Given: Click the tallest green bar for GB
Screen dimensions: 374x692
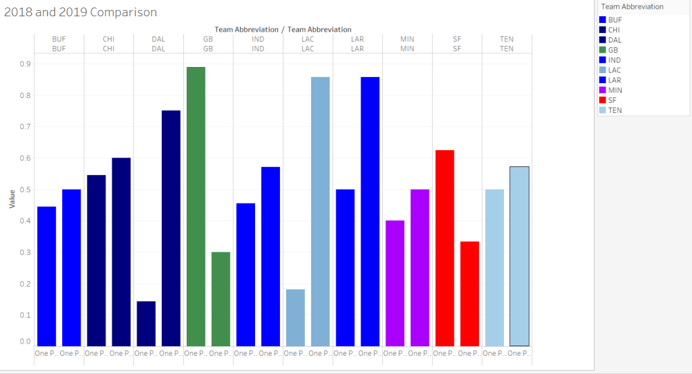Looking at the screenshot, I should point(195,206).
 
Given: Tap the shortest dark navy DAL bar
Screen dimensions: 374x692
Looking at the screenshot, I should point(146,323).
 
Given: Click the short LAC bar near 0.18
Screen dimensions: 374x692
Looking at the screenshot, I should point(296,317).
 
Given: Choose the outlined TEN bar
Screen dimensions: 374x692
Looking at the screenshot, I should point(520,256).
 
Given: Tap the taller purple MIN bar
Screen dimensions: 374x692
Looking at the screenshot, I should point(420,268).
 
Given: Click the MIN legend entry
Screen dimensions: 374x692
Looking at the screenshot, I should point(615,90).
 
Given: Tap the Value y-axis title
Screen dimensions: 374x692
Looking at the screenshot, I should point(11,198).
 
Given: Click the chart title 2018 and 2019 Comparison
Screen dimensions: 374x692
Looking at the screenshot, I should point(80,12).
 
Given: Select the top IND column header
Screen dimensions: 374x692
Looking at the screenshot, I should point(258,39).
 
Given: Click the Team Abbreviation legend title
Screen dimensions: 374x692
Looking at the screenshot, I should point(632,7).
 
